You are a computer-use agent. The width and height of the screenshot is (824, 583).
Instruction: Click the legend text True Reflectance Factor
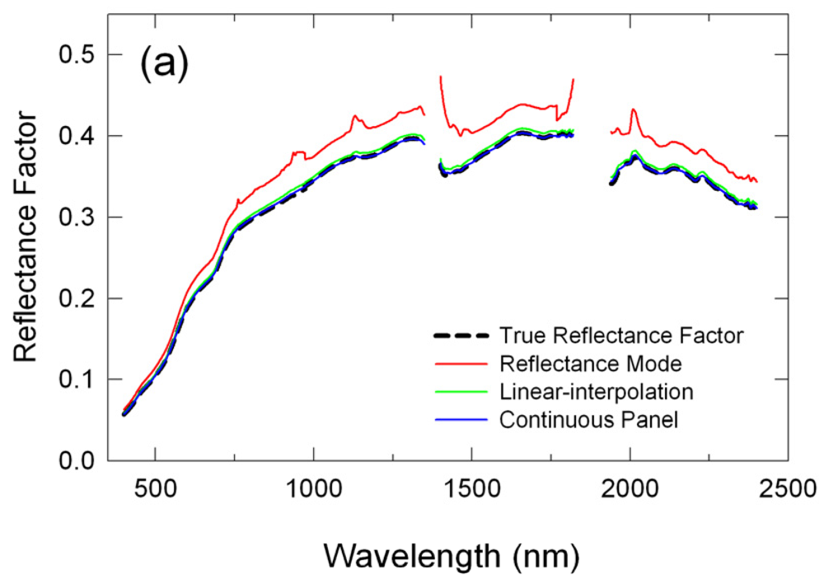click(621, 335)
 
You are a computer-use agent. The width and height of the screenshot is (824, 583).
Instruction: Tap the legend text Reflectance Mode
click(579, 363)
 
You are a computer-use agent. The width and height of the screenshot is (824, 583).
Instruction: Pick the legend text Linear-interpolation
click(584, 391)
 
